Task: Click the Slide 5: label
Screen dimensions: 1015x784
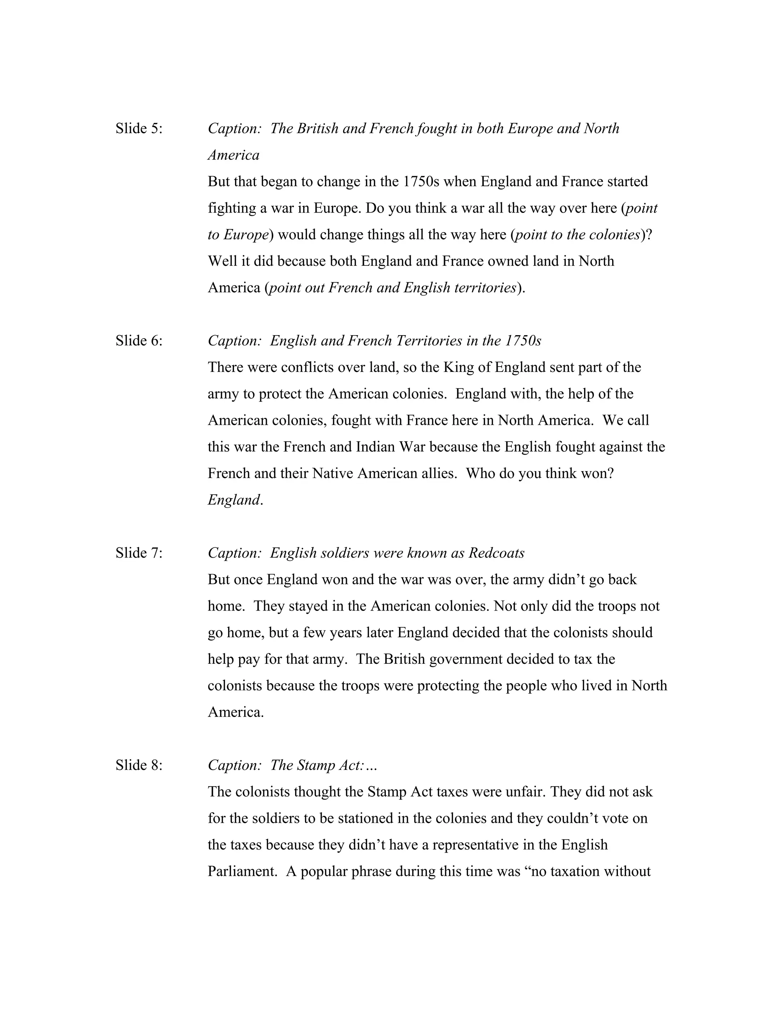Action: coord(139,128)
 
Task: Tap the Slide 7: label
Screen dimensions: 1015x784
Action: coord(139,553)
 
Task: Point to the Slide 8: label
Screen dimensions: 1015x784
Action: coord(139,765)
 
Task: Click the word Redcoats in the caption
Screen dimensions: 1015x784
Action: coord(497,553)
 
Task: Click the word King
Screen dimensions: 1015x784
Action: coord(458,367)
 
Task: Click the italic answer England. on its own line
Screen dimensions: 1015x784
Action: coord(235,500)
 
